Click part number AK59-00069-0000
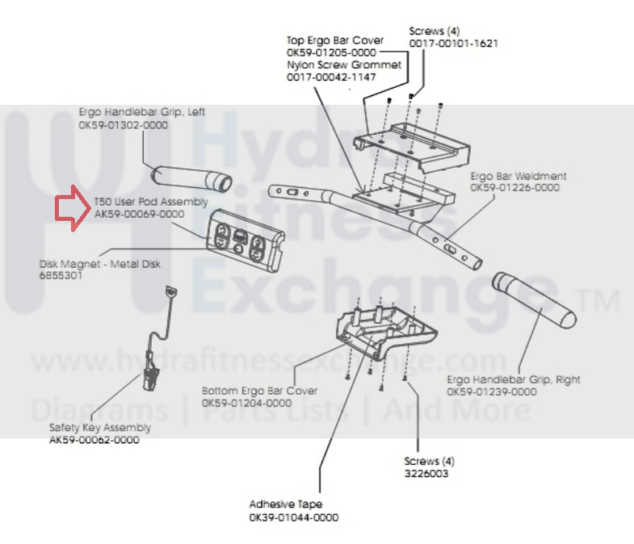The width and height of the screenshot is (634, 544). click(x=139, y=214)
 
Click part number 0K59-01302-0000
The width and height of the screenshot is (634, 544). click(x=123, y=126)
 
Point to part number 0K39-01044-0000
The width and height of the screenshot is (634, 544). click(x=293, y=517)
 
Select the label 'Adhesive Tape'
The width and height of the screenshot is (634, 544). click(x=284, y=506)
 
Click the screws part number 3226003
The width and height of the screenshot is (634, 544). click(x=426, y=474)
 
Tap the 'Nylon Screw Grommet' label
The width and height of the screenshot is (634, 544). click(x=343, y=65)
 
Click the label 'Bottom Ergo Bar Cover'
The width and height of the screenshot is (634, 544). click(x=248, y=391)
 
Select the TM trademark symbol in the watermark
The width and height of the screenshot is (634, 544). click(x=598, y=302)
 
